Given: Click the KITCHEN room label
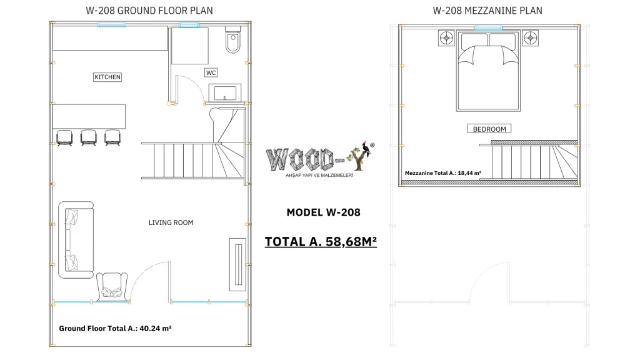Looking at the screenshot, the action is tap(107, 77).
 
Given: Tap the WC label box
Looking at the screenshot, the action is tap(211, 72).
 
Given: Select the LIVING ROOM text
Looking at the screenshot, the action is tap(171, 222).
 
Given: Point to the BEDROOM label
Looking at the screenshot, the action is tap(489, 129).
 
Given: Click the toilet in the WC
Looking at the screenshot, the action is tap(233, 41).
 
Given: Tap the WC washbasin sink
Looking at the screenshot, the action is tap(225, 92).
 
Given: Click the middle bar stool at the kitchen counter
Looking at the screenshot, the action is tap(89, 137).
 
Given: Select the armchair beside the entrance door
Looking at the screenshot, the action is tap(111, 287).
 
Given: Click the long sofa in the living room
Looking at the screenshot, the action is tap(76, 239).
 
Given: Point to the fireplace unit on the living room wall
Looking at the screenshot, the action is tap(238, 264).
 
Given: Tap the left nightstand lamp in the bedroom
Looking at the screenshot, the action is tap(446, 38).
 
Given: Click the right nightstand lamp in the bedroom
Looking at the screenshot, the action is tap(530, 38).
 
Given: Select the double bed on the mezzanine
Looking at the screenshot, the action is tap(488, 71).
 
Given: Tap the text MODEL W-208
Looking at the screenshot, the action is tap(323, 212).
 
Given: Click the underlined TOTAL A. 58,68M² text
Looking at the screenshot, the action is tap(321, 242).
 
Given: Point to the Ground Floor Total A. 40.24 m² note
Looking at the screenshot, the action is tap(115, 328).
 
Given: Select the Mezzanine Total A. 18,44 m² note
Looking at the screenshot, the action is tap(443, 173).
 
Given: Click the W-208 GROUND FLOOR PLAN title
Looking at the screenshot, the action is tap(149, 11).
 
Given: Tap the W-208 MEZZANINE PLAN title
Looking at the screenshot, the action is tap(487, 11).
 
